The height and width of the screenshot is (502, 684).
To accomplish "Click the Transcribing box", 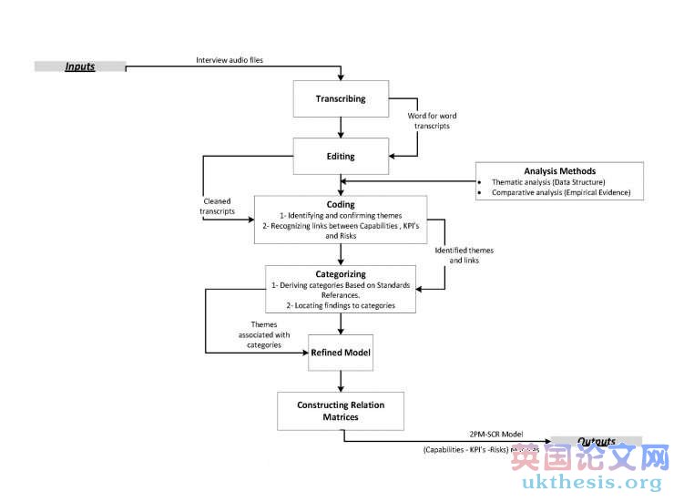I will [341, 98].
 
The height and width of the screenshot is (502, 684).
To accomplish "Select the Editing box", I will [341, 156].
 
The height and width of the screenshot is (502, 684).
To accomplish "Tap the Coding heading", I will [341, 205].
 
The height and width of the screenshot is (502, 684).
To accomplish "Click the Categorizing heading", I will [341, 273].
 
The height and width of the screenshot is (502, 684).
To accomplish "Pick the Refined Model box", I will [341, 352].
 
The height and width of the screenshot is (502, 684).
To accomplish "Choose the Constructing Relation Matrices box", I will [341, 410].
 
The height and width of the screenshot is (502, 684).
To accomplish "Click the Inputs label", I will [79, 67].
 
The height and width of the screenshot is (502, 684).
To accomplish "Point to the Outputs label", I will [596, 442].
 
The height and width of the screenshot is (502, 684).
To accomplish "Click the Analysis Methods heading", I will [559, 170].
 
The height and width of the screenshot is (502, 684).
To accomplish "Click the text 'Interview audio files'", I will [230, 60].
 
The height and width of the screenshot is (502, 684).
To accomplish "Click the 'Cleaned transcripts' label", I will [217, 206].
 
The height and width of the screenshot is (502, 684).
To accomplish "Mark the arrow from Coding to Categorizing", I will [341, 254].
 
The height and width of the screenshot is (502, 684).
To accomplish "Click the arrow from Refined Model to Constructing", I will [341, 381].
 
